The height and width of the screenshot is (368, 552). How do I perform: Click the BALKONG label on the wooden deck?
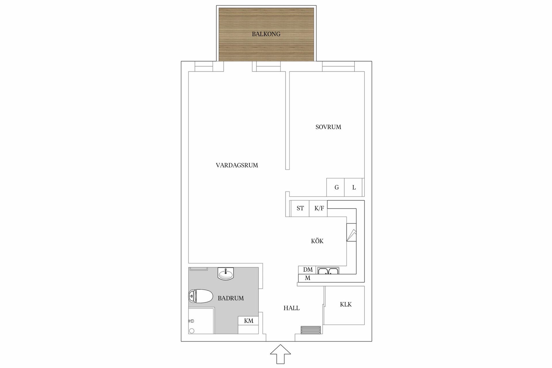[266, 34]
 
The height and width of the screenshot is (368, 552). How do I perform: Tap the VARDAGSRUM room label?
[237, 165]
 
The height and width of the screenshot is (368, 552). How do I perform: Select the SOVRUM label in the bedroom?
[328, 127]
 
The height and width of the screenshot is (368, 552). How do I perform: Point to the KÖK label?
[317, 241]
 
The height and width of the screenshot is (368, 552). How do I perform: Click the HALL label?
[292, 308]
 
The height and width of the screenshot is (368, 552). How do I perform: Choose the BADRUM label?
[231, 298]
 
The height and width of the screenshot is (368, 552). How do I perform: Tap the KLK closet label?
[346, 304]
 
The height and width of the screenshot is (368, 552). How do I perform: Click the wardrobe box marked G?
[336, 187]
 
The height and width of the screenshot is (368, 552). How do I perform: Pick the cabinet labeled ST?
[300, 208]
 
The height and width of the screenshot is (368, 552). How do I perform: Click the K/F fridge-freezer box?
[318, 208]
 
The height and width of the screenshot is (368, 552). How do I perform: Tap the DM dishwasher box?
[307, 270]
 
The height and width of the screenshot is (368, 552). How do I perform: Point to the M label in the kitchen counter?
[308, 278]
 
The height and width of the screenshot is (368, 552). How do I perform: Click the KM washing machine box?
[248, 321]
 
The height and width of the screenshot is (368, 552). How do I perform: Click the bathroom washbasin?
[226, 273]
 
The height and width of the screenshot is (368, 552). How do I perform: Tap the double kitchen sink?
[328, 271]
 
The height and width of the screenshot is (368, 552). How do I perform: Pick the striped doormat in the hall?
[311, 330]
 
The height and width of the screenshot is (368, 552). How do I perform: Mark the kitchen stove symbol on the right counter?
[351, 232]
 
